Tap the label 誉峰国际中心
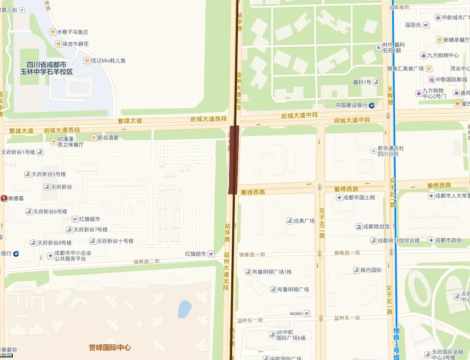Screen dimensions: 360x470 (x=109, y=348)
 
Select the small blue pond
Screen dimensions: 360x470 (x=185, y=309)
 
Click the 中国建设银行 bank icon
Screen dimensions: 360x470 (x=372, y=105)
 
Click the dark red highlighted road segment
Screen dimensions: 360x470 (x=234, y=159)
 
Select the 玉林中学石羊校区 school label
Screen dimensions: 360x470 (x=46, y=68)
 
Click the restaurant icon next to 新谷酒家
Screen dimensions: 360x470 (x=93, y=138)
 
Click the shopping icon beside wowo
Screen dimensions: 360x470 (x=306, y=313)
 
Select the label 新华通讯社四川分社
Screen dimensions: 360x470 (x=390, y=151)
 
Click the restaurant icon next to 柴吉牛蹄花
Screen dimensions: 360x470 (x=58, y=44)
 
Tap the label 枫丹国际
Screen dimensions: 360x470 (x=371, y=270)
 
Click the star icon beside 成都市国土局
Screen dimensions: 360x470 (x=339, y=198)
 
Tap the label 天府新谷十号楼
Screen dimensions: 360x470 (x=115, y=241)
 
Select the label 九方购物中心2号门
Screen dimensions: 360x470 (x=434, y=93)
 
